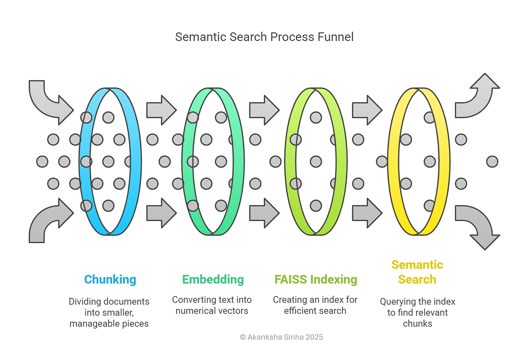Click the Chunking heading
110,279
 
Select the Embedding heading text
213,279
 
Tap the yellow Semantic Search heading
417,272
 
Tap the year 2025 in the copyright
314,337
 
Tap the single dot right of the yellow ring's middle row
492,161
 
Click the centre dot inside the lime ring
316,161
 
